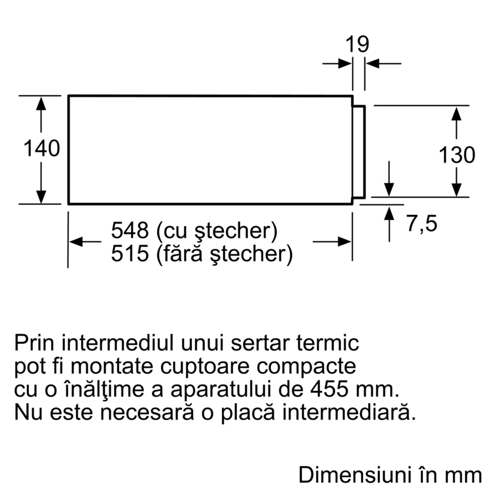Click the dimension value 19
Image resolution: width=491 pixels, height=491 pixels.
click(357, 45)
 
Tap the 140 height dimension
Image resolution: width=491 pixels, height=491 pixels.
click(41, 148)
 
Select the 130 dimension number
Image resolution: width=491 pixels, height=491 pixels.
click(457, 155)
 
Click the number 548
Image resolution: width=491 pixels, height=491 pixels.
click(130, 230)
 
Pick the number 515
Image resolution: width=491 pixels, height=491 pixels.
click(130, 253)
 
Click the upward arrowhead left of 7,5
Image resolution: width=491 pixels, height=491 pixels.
click(389, 213)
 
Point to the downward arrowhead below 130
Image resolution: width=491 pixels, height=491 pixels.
click(456, 189)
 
